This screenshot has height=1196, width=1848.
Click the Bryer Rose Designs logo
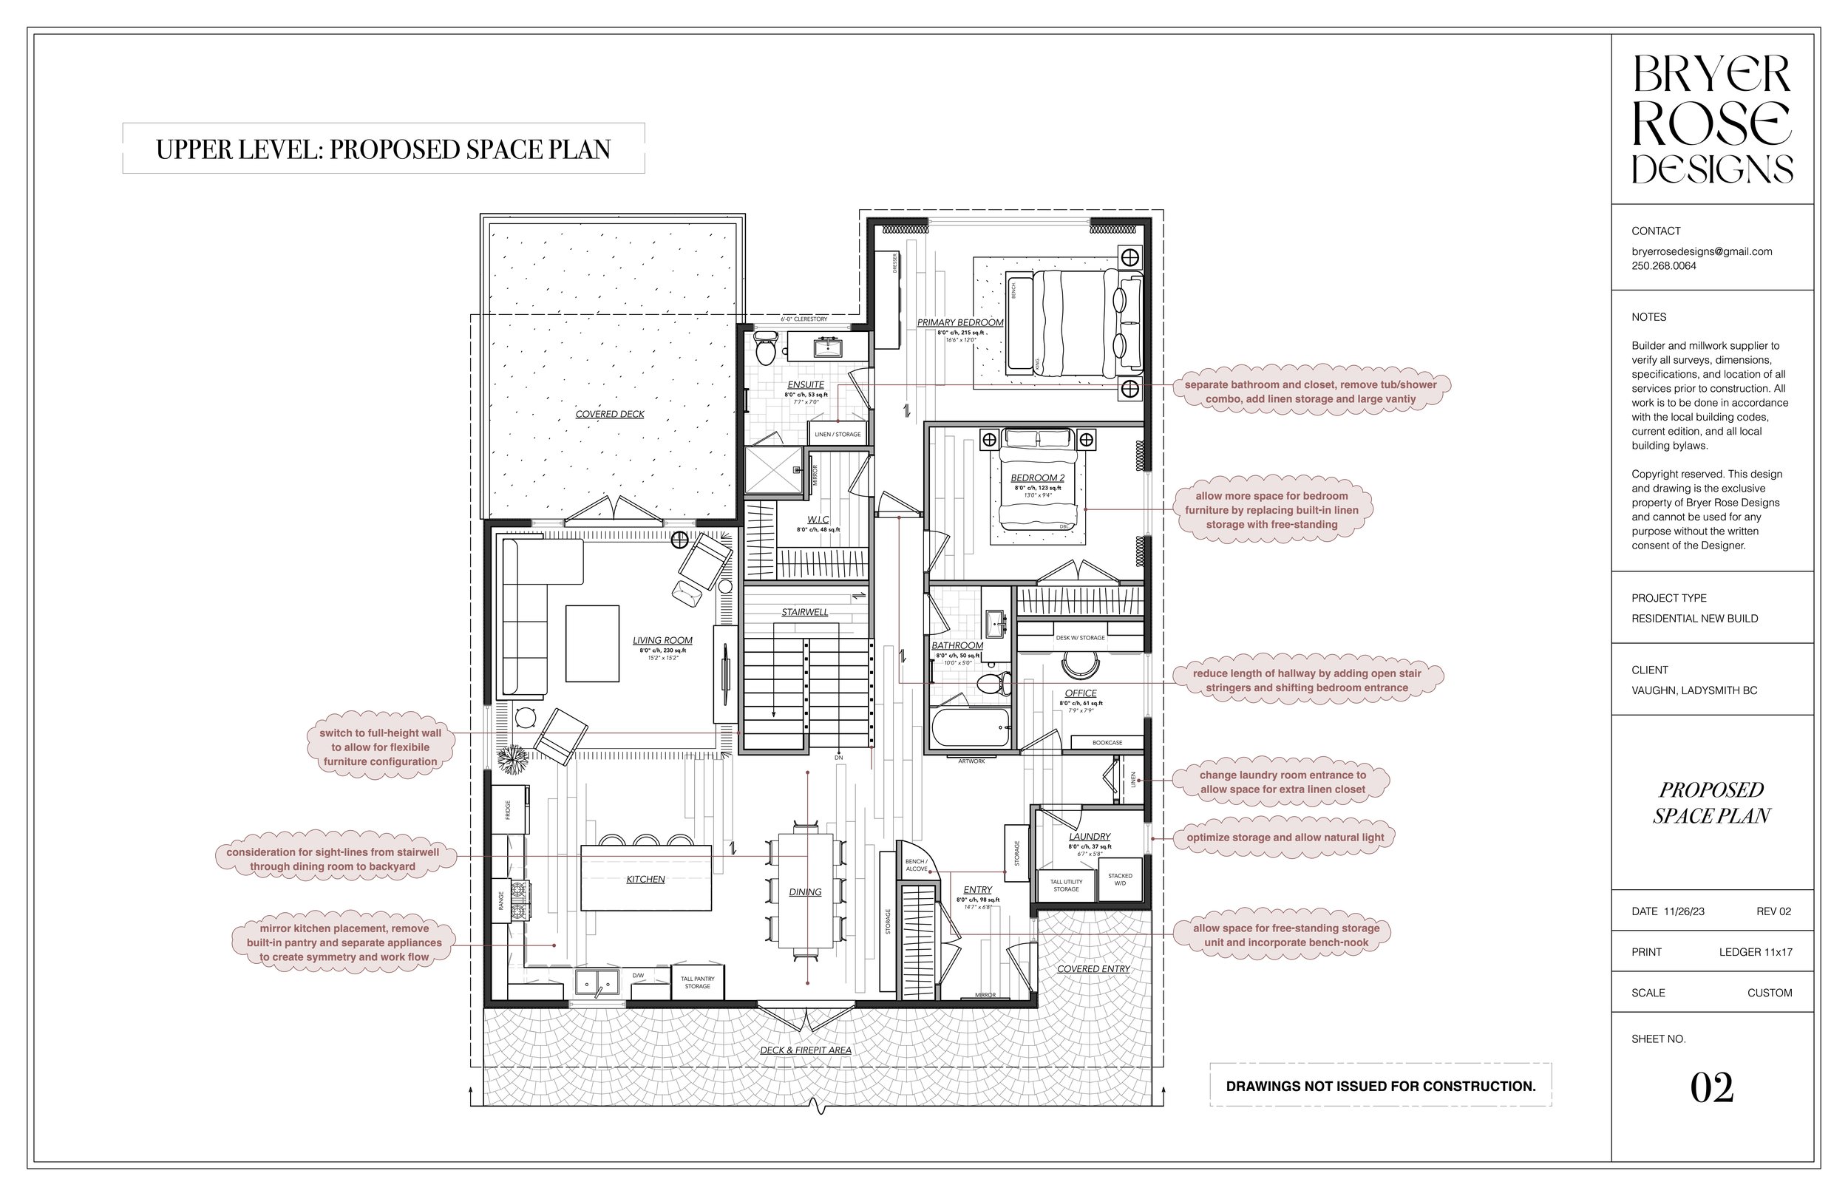pos(1711,119)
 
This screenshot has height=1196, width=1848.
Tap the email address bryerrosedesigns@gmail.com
pos(1701,251)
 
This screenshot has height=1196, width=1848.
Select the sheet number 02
pos(1711,1088)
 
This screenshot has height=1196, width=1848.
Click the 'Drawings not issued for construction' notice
pos(1380,1086)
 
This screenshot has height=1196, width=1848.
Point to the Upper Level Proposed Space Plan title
pos(383,149)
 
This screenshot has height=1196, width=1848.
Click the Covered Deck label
pos(610,414)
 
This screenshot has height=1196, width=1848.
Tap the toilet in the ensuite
pos(766,348)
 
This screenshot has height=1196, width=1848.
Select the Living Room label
pos(662,641)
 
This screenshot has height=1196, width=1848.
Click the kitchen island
pos(645,878)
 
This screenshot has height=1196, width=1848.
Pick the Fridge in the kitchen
pos(509,810)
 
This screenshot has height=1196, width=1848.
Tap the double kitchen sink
pos(597,982)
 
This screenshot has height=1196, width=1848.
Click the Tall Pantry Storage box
pos(696,982)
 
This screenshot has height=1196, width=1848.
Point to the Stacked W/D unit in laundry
pos(1120,879)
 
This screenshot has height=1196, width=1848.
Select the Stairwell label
pos(804,612)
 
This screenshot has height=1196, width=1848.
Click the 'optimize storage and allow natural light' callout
pos(1284,837)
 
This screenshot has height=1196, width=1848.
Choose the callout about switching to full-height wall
pos(380,747)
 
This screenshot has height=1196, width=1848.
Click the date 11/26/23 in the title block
pos(1683,911)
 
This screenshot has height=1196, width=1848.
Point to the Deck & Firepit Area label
pos(805,1050)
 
